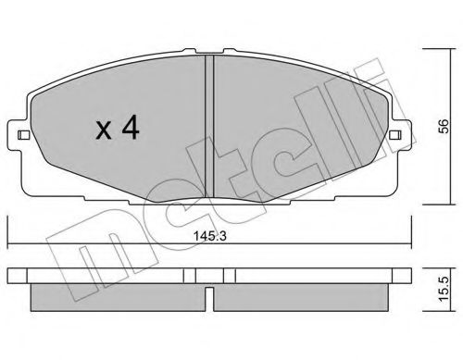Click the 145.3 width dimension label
point(209,236)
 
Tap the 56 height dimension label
point(444,126)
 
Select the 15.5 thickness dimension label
point(444,289)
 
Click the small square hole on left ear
point(23,135)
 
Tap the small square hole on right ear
point(395,135)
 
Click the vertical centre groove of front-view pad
point(209,127)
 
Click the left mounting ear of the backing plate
point(16,135)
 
